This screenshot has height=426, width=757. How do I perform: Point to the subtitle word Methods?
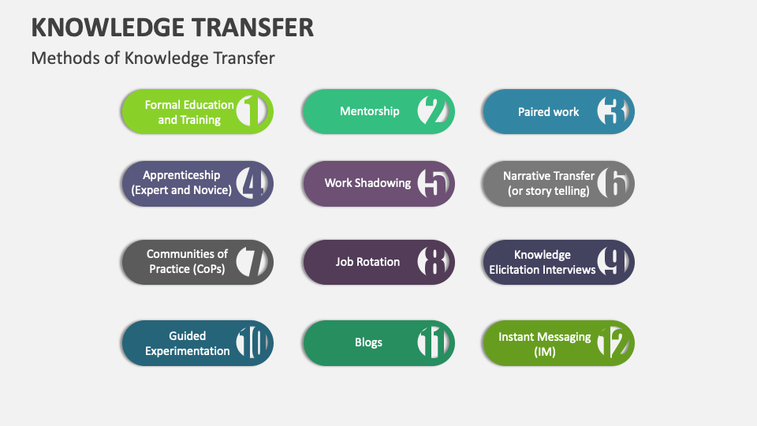pos(65,58)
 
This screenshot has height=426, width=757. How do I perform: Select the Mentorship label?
pos(369,111)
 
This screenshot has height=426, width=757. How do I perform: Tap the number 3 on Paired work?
pos(612,111)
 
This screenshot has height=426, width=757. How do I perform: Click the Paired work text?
pos(548,112)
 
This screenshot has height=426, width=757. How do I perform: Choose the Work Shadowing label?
pos(367,183)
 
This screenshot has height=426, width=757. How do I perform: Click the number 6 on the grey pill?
pos(612,183)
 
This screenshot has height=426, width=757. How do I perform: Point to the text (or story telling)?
pos(548,191)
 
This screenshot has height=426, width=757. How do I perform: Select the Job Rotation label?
pos(367,262)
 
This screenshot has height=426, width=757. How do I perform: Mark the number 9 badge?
pos(612,262)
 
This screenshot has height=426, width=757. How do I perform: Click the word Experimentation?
pos(188,351)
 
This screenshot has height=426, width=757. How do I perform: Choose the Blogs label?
pos(368,342)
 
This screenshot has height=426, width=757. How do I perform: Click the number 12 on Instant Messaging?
pos(612,342)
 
